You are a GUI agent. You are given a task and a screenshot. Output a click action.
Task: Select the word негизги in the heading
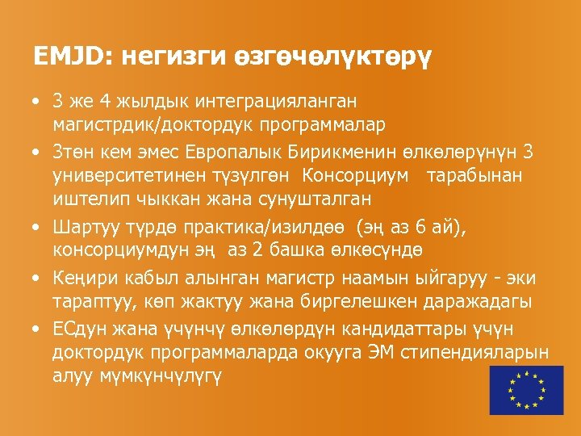pyautogui.click(x=159, y=57)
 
